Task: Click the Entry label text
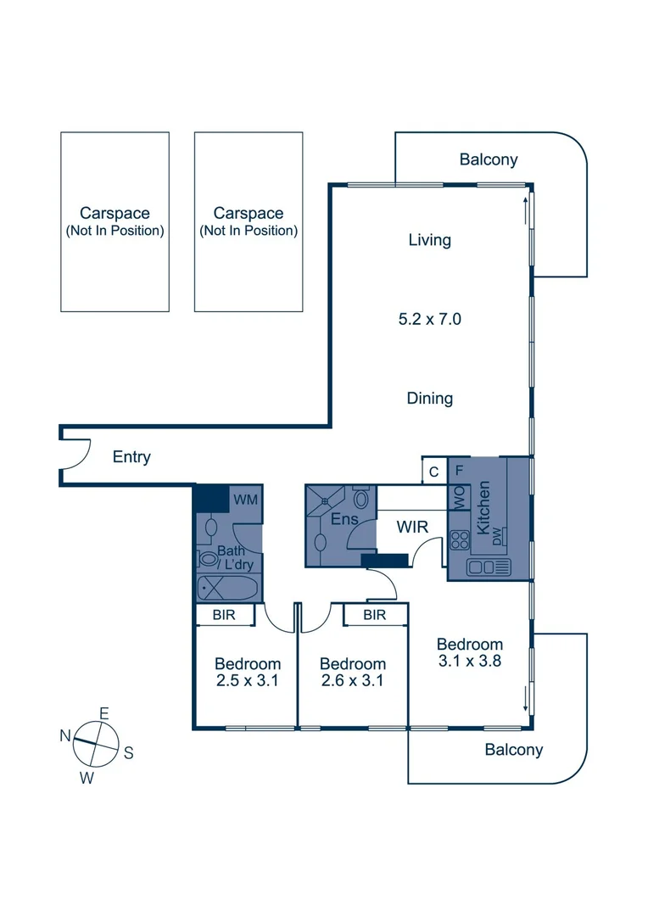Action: (131, 457)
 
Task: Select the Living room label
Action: (429, 240)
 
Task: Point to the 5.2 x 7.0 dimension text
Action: (429, 320)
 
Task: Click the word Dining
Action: (429, 398)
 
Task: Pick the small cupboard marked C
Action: (433, 472)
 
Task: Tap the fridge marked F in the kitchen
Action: (460, 469)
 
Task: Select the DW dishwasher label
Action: (500, 535)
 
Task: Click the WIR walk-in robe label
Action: (412, 528)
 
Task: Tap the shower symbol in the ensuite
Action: (321, 501)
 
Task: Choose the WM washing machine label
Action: (245, 500)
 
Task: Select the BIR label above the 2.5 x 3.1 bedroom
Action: (225, 615)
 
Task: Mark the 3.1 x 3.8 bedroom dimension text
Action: (471, 660)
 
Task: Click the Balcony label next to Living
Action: (488, 159)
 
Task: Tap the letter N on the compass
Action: (64, 736)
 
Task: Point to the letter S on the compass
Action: (128, 751)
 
